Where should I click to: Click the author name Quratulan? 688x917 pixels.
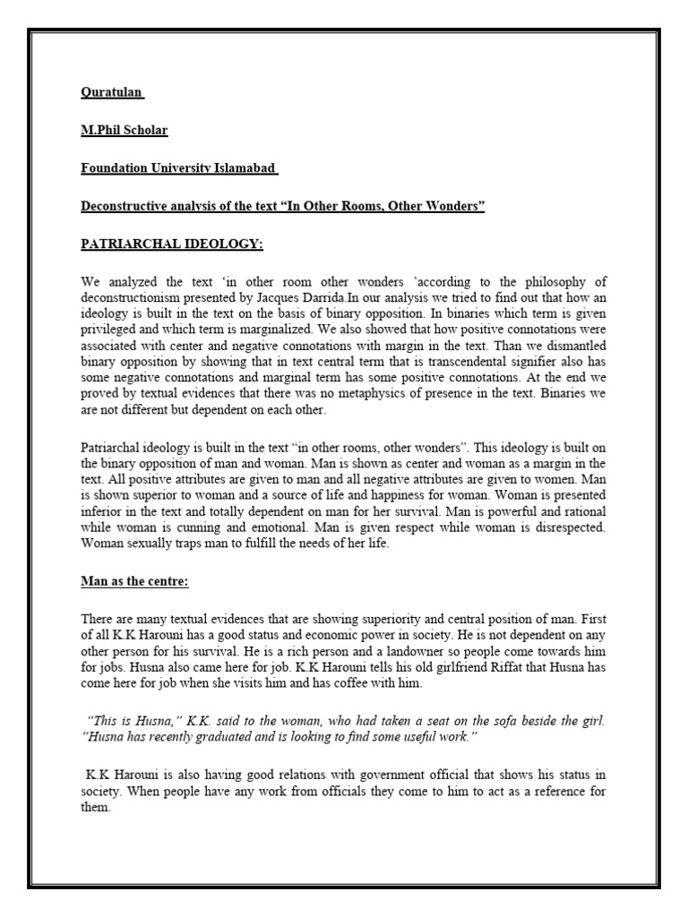(x=112, y=92)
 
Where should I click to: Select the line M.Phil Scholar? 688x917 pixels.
(x=124, y=130)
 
